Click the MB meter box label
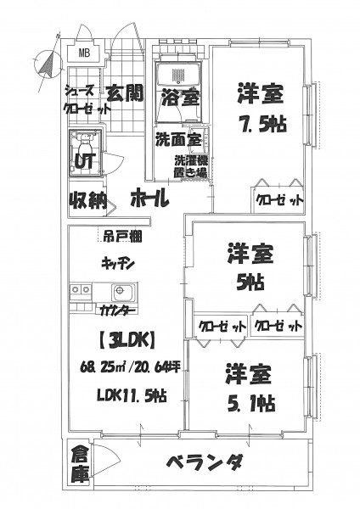point(84,53)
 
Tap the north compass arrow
point(48,64)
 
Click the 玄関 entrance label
point(125,93)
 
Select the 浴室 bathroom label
point(181,97)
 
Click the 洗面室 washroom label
point(178,139)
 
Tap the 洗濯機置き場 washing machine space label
point(191,166)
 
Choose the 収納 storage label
point(87,201)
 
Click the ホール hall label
point(149,199)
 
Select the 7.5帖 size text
point(263,123)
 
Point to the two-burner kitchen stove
point(81,288)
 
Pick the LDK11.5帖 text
point(132,395)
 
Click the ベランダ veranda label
point(205,462)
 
